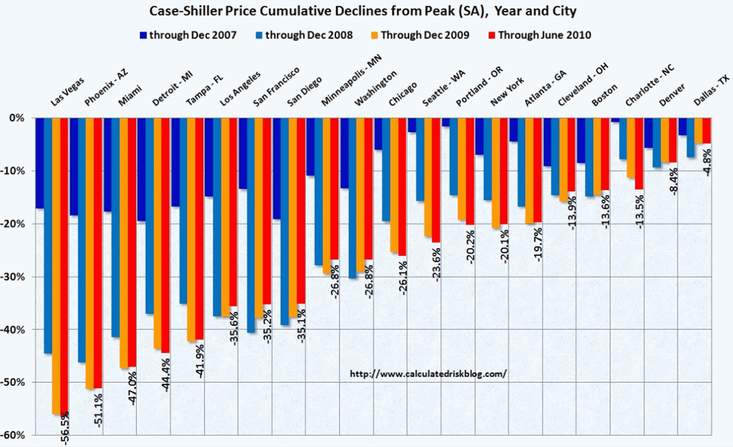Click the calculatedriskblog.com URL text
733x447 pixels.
428,373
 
